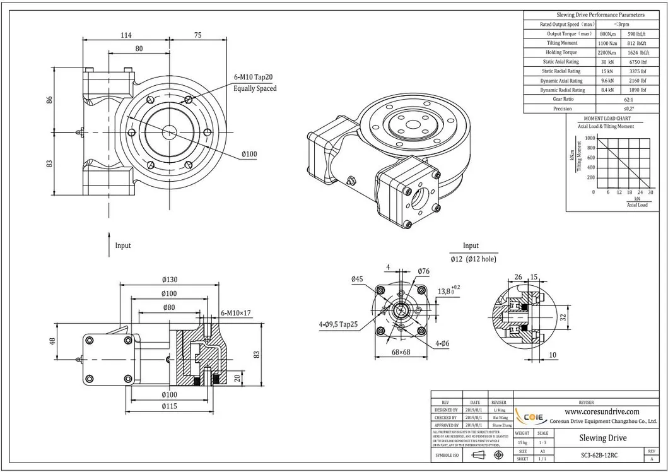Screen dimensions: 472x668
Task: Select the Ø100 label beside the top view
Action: tap(249, 153)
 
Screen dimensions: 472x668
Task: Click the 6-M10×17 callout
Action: tap(237, 312)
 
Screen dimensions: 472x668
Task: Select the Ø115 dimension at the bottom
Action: tap(168, 406)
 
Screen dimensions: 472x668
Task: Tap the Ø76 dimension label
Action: tap(423, 272)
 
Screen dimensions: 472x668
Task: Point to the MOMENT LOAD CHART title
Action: tap(607, 119)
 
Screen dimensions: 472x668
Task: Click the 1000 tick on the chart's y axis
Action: tap(589, 138)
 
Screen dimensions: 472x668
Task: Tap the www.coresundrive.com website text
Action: tap(588, 411)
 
